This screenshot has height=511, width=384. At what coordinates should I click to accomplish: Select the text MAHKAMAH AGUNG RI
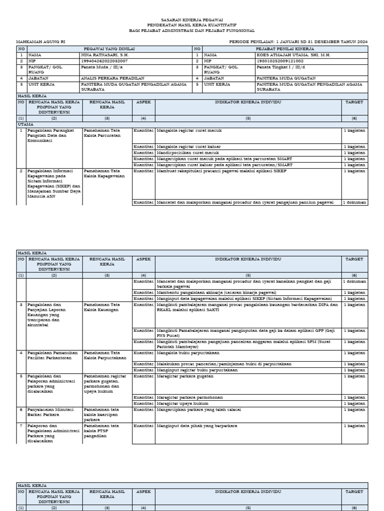41,42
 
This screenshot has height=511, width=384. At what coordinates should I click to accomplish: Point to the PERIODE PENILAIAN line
298,42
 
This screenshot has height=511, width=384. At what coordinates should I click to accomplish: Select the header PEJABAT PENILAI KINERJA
285,48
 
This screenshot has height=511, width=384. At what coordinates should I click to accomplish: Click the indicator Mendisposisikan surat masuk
188,152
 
